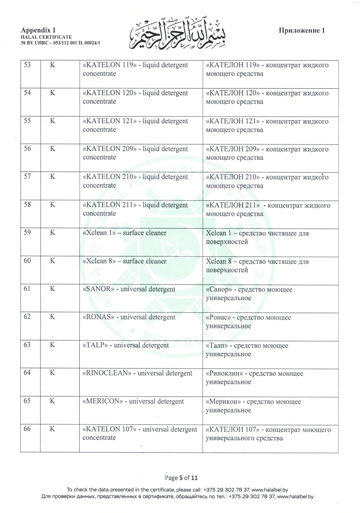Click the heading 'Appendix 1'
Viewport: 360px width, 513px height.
[x=35, y=30]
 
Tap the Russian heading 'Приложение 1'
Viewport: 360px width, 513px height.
[x=302, y=31]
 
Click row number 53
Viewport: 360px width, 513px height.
[x=27, y=65]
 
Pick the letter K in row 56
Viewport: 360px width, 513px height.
[x=53, y=149]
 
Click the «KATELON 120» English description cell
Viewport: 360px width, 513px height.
[x=135, y=97]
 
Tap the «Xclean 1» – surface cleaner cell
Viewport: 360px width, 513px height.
[x=125, y=233]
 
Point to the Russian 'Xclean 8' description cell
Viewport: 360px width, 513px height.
[x=257, y=265]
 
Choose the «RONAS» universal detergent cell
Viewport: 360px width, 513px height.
[x=129, y=317]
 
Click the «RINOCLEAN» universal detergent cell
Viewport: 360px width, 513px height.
[x=138, y=373]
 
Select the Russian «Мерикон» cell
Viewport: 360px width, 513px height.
[x=253, y=405]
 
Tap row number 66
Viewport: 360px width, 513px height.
[x=27, y=429]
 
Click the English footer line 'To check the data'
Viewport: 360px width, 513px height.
[x=180, y=489]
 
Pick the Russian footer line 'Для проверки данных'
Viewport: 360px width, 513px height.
[x=180, y=496]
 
